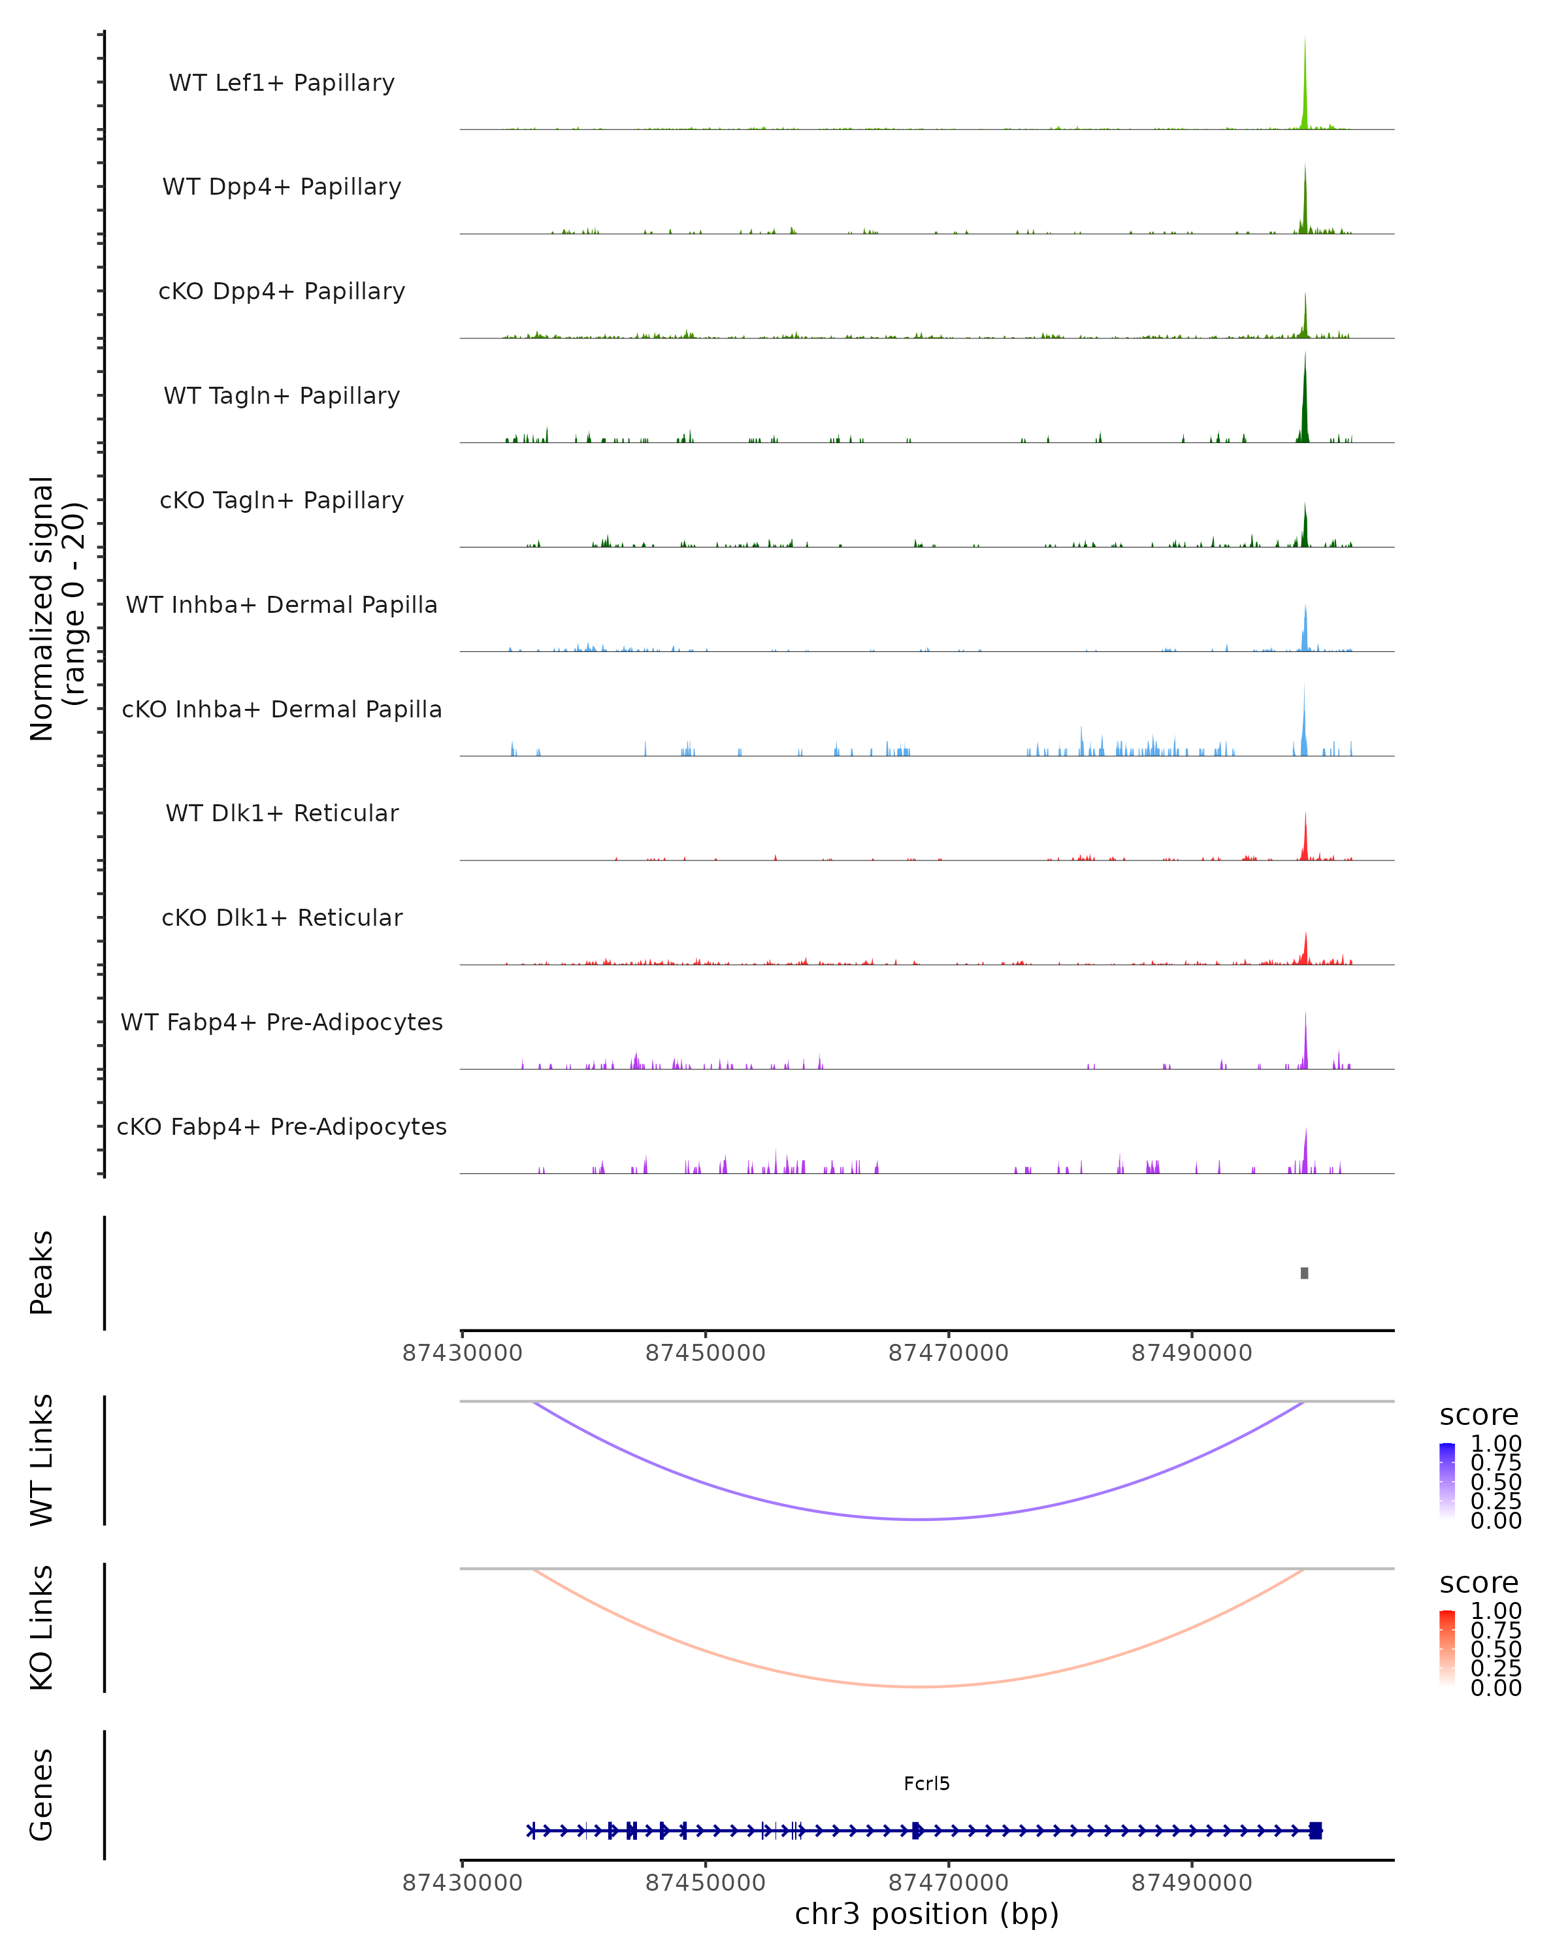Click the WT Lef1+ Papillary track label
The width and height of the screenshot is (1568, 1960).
click(x=282, y=83)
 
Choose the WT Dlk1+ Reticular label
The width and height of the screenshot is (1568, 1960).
click(x=282, y=813)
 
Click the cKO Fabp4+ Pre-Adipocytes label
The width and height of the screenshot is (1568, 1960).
click(x=282, y=1126)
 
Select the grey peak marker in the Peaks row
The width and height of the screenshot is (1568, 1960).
click(x=1305, y=1273)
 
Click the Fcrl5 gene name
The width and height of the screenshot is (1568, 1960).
click(x=926, y=1784)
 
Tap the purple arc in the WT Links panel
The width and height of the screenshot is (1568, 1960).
click(x=920, y=1519)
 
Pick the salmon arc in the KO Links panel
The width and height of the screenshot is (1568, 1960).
click(x=920, y=1686)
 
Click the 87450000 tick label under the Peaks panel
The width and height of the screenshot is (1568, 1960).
click(x=706, y=1353)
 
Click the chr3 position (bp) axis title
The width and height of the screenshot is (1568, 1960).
click(x=926, y=1914)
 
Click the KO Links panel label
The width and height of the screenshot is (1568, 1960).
click(x=42, y=1627)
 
